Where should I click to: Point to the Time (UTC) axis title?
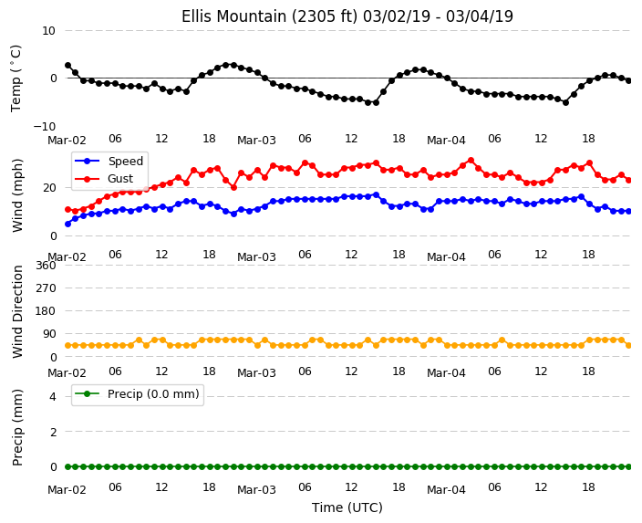(x=347, y=507)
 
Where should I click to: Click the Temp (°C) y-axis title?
(x=16, y=78)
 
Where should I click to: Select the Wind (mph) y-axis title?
(x=17, y=195)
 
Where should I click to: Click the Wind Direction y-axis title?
(x=17, y=311)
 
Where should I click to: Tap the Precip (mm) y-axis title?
(x=17, y=427)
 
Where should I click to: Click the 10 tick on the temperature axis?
(x=48, y=31)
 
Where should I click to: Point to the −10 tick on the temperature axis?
(x=44, y=126)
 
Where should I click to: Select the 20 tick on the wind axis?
(x=48, y=188)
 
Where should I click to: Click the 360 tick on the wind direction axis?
(x=46, y=266)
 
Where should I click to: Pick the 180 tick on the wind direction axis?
(x=46, y=311)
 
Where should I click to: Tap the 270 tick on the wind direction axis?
(x=46, y=288)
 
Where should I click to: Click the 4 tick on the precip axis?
(x=53, y=396)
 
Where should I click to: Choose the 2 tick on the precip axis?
(x=53, y=432)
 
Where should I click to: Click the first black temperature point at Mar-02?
(x=68, y=66)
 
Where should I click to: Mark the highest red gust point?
(x=471, y=161)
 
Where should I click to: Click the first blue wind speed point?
(x=68, y=224)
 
